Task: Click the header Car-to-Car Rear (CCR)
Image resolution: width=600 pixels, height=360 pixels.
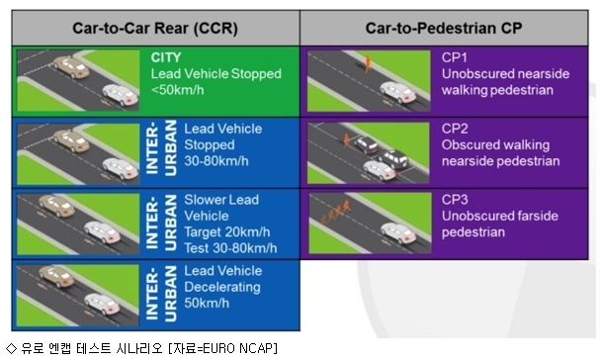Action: (155, 29)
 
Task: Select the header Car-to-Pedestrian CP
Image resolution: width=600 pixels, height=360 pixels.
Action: (444, 28)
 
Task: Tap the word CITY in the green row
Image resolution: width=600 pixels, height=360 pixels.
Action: (166, 57)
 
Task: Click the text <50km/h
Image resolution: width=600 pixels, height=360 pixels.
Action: (177, 90)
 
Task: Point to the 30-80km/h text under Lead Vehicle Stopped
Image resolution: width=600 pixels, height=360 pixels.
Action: (216, 161)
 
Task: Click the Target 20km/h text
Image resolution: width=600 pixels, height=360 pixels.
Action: (227, 232)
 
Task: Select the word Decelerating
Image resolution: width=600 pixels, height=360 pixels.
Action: (222, 287)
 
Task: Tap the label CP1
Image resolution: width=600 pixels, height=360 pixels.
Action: (455, 57)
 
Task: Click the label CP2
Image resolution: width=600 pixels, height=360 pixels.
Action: (455, 129)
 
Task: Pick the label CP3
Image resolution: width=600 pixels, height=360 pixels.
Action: (455, 199)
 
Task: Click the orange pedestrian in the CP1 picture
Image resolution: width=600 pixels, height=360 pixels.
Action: (368, 63)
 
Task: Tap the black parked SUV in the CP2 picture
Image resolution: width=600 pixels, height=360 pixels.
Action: (393, 158)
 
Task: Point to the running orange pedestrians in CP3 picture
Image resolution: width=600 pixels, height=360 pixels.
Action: (336, 212)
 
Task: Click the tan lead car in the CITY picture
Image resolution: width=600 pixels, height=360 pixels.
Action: (71, 67)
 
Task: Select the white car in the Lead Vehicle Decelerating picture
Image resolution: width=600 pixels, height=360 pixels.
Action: (102, 304)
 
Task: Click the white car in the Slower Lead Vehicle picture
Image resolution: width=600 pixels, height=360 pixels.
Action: (102, 232)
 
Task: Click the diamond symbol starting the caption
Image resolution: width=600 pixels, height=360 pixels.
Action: (12, 348)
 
